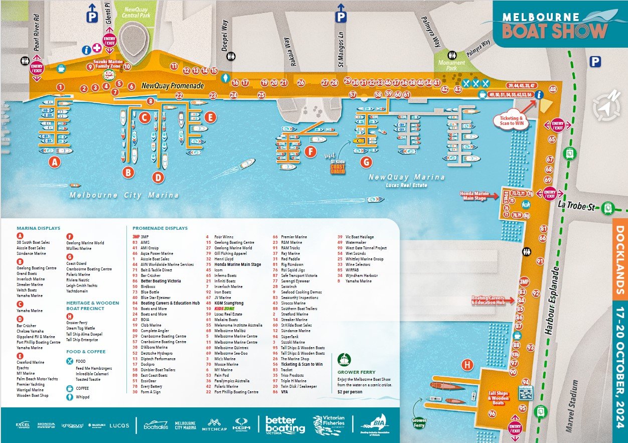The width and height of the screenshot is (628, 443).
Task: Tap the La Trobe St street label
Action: tap(578, 204)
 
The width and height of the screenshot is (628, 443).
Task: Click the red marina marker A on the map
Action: tap(54, 162)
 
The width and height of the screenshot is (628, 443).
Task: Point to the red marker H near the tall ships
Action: tap(467, 365)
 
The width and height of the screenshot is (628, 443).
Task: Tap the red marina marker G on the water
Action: tap(367, 162)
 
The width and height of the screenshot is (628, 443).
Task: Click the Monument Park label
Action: tap(451, 66)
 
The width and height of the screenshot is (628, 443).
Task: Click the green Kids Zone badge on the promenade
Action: tap(109, 75)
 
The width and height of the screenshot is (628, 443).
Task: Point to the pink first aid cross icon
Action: tap(97, 49)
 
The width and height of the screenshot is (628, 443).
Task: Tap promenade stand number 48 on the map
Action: tap(553, 89)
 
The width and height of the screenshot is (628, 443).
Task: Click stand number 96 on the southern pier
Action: tap(492, 413)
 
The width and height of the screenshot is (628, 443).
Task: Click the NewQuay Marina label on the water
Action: tap(406, 177)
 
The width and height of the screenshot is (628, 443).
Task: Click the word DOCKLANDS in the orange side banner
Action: tap(620, 260)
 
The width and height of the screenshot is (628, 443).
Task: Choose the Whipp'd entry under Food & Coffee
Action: tap(82, 397)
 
